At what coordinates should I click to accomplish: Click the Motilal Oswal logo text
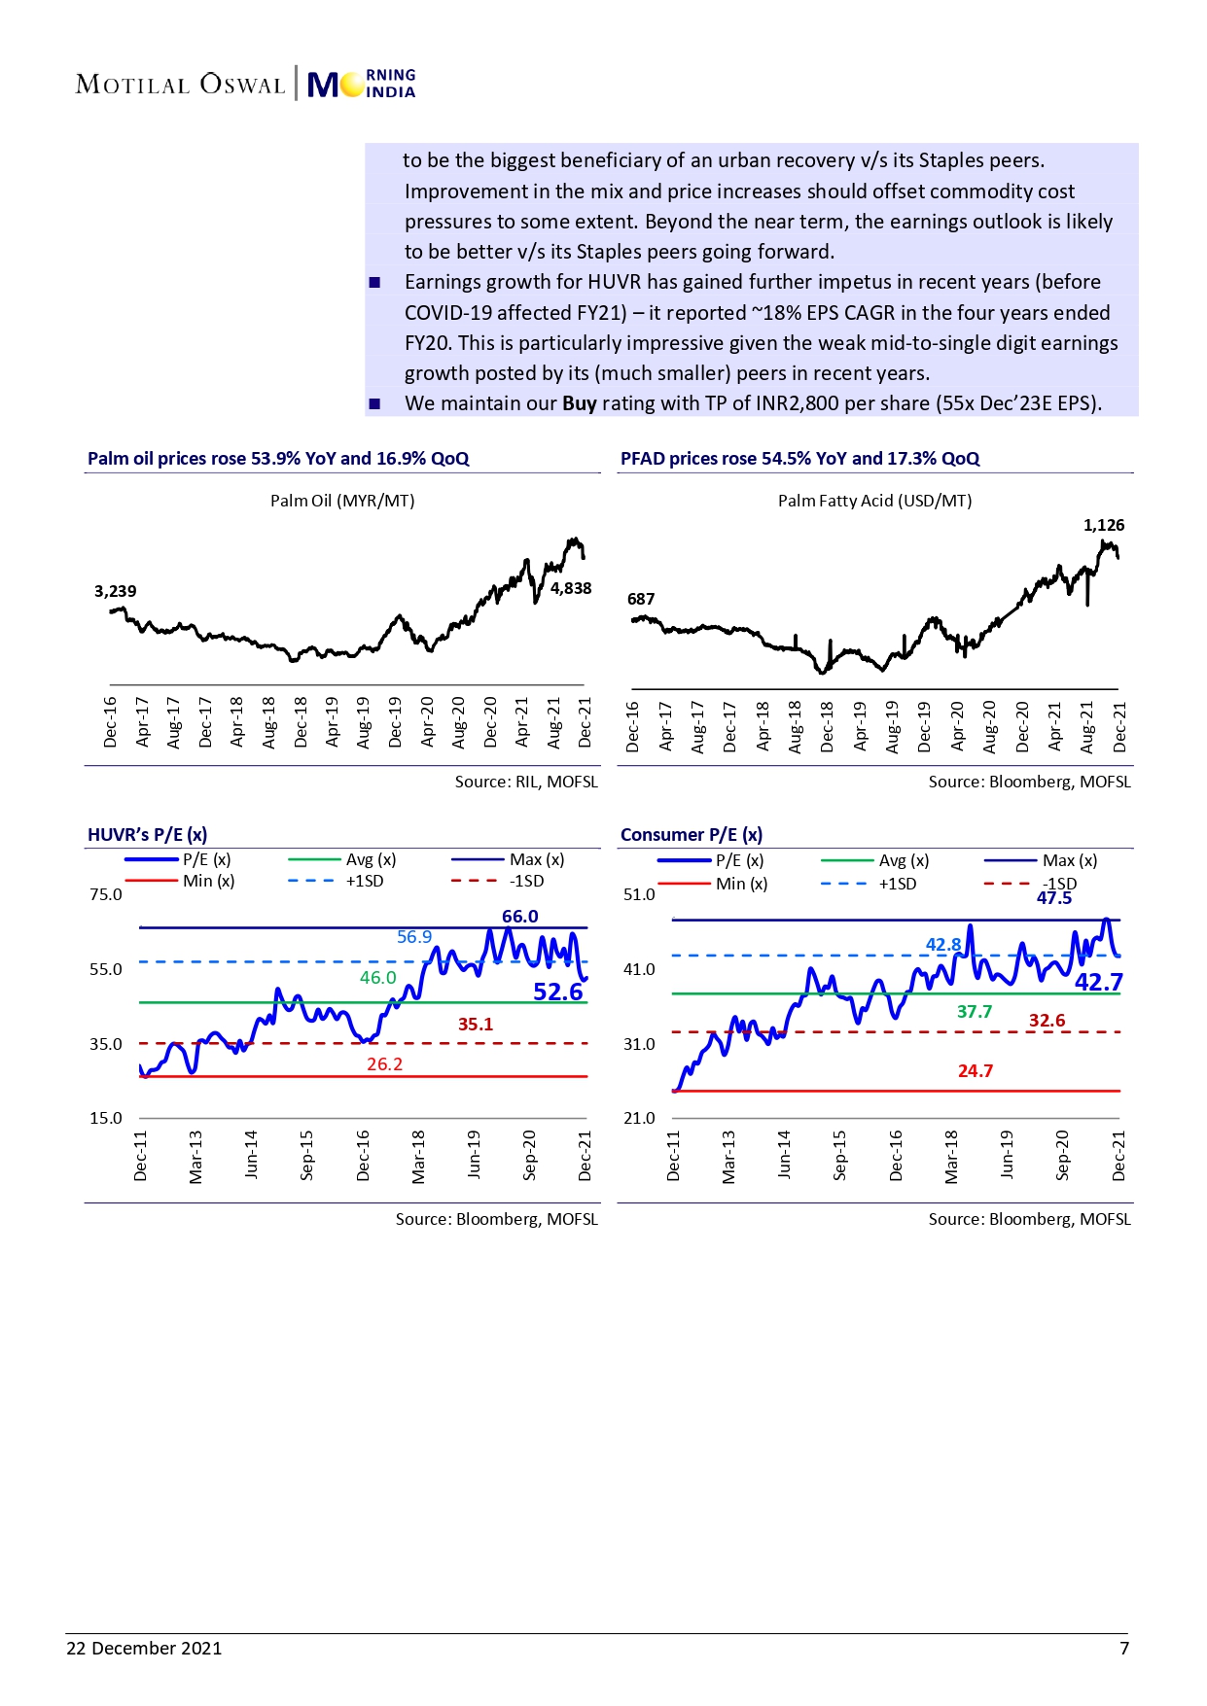(x=180, y=85)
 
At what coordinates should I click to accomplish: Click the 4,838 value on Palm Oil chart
(x=571, y=588)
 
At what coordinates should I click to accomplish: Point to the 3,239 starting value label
(x=115, y=591)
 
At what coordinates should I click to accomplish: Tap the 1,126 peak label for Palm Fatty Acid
(x=1103, y=525)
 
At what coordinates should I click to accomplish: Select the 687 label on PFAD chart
(x=641, y=599)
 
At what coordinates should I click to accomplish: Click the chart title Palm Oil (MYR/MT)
(x=342, y=501)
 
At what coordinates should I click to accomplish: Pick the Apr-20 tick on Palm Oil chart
(x=427, y=722)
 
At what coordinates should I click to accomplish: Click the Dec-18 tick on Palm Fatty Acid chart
(x=827, y=726)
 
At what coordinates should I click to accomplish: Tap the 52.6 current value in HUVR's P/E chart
(x=557, y=992)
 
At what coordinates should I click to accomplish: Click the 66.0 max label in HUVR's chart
(x=519, y=917)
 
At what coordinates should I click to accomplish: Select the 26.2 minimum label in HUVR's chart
(x=384, y=1064)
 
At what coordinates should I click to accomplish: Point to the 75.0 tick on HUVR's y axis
(x=106, y=894)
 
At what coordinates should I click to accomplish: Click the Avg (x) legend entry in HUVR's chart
(x=371, y=859)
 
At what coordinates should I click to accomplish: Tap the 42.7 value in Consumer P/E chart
(x=1098, y=983)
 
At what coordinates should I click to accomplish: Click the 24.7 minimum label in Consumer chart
(x=975, y=1071)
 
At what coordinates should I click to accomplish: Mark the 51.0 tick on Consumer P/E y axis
(x=639, y=894)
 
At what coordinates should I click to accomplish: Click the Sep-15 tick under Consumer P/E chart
(x=840, y=1155)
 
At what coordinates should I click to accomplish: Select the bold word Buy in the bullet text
(x=579, y=403)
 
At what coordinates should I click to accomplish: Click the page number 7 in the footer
(x=1124, y=1648)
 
